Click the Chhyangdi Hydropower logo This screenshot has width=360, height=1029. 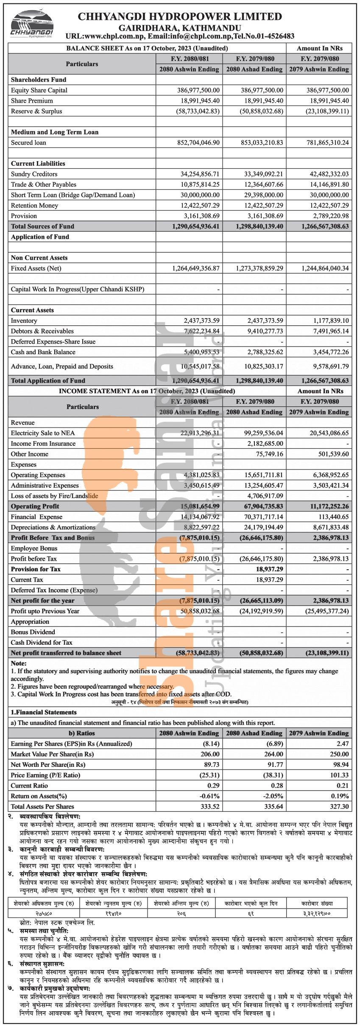coord(32,25)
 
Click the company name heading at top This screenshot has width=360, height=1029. coord(180,17)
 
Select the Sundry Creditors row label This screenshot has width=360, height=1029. coord(34,174)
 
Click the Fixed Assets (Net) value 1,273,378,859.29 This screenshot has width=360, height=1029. coord(260,268)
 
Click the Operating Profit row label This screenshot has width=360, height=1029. coord(35,506)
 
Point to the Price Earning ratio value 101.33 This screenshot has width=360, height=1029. coord(339,775)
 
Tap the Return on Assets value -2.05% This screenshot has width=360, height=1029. coord(273,796)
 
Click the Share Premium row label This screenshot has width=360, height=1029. coord(32,101)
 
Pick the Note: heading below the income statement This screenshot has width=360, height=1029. coord(19,663)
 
